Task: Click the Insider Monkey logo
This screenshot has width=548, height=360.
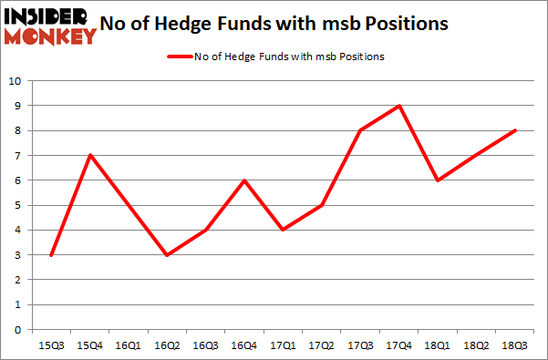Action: click(x=50, y=25)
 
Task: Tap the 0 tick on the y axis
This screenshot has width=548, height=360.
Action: click(x=17, y=330)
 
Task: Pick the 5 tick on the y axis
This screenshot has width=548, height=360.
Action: click(x=17, y=205)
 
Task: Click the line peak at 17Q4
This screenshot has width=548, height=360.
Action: click(x=399, y=106)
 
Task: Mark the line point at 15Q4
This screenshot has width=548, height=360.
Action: click(x=88, y=155)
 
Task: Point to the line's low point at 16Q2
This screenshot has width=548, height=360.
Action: click(x=166, y=255)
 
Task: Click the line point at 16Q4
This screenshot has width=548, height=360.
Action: click(x=243, y=180)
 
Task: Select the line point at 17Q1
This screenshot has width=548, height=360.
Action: click(x=283, y=230)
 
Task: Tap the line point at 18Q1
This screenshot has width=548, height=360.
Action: click(x=439, y=180)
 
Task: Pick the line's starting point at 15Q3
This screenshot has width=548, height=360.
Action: click(x=50, y=255)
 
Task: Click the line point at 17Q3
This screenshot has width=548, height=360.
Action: click(x=360, y=130)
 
